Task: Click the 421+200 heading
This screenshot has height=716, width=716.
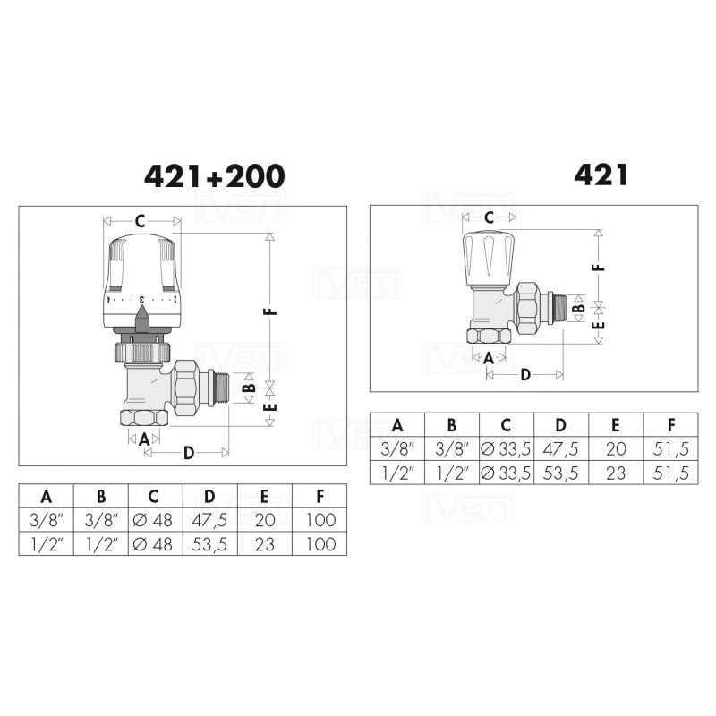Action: (x=214, y=176)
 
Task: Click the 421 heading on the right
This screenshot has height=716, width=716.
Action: (x=601, y=175)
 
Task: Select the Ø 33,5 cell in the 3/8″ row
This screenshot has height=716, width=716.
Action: (x=506, y=449)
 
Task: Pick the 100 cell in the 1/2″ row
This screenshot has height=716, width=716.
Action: (x=320, y=544)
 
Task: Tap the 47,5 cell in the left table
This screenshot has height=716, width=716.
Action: (x=209, y=520)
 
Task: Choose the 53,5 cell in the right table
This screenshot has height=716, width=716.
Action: (x=561, y=473)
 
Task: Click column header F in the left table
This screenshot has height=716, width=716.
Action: (x=320, y=496)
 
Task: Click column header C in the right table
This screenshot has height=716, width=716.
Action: (x=506, y=425)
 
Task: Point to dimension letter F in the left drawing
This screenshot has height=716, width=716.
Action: (x=271, y=311)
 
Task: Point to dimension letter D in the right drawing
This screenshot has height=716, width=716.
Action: (x=525, y=375)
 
